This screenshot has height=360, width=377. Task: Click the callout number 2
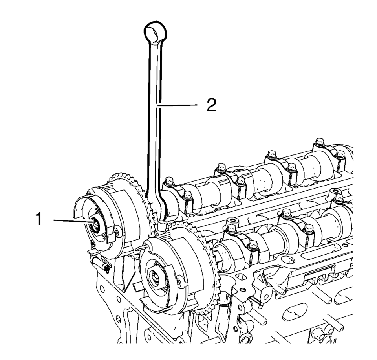click(211, 105)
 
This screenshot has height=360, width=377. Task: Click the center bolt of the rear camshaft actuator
click(95, 225)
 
